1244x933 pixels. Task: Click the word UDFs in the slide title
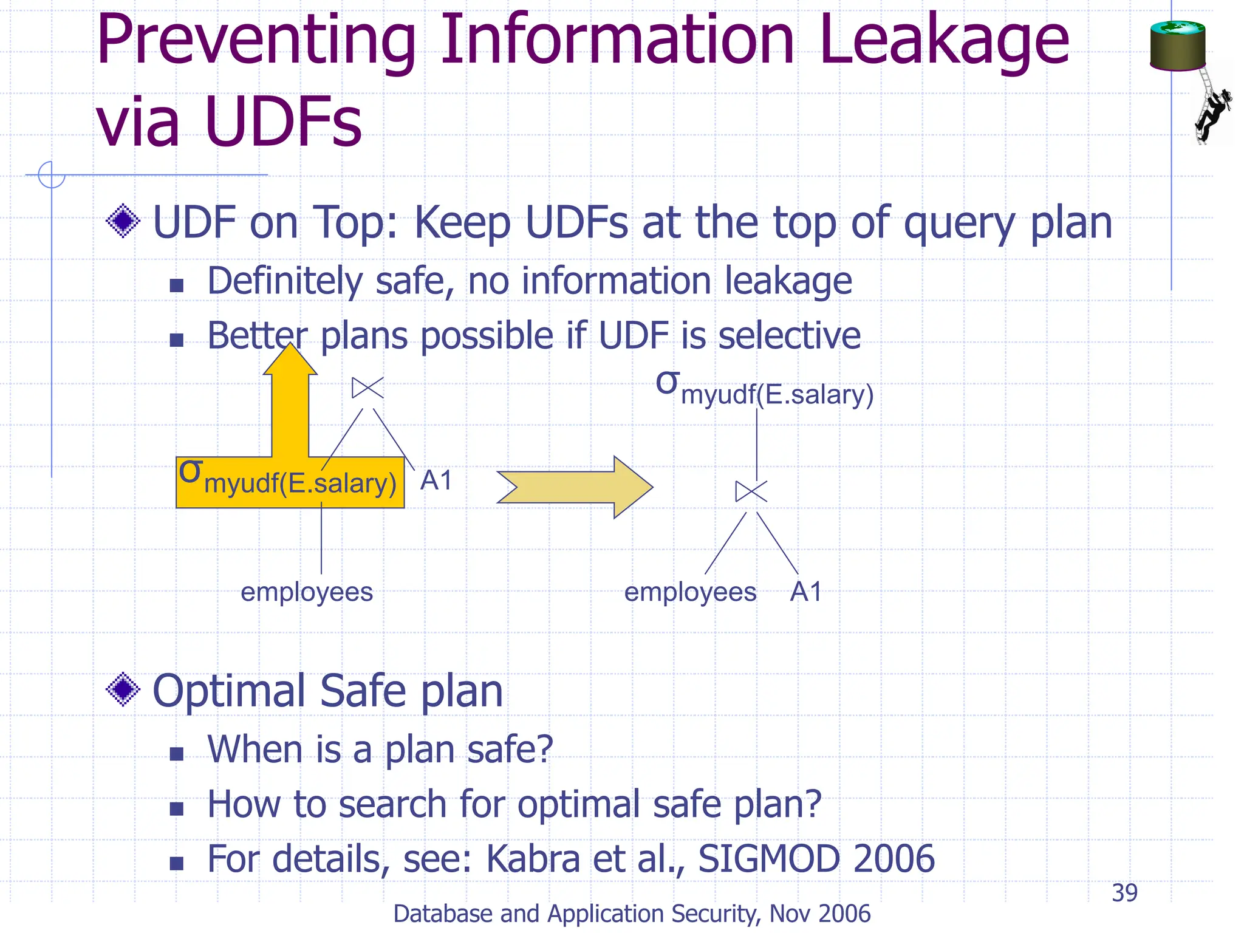click(x=283, y=121)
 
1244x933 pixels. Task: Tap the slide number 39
click(x=1124, y=893)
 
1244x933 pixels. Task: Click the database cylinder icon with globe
click(x=1177, y=46)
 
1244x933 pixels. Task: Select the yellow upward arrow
click(x=290, y=404)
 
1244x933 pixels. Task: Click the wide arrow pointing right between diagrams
click(x=575, y=487)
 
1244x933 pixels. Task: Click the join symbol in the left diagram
click(x=367, y=388)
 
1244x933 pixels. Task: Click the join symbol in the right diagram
click(x=751, y=491)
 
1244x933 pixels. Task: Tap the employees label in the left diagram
click(x=306, y=592)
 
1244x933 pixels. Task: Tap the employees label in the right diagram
click(x=690, y=592)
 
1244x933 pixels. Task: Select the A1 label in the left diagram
click(x=436, y=480)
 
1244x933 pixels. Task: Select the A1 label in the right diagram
click(x=806, y=592)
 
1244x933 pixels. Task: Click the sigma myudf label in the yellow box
click(x=289, y=480)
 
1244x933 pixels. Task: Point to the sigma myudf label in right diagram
click(x=764, y=389)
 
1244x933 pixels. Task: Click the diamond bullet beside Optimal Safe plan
click(x=123, y=689)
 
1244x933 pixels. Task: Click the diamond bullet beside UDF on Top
click(x=123, y=220)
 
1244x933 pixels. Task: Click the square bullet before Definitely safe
click(x=176, y=285)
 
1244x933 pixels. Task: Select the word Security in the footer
click(x=705, y=914)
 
